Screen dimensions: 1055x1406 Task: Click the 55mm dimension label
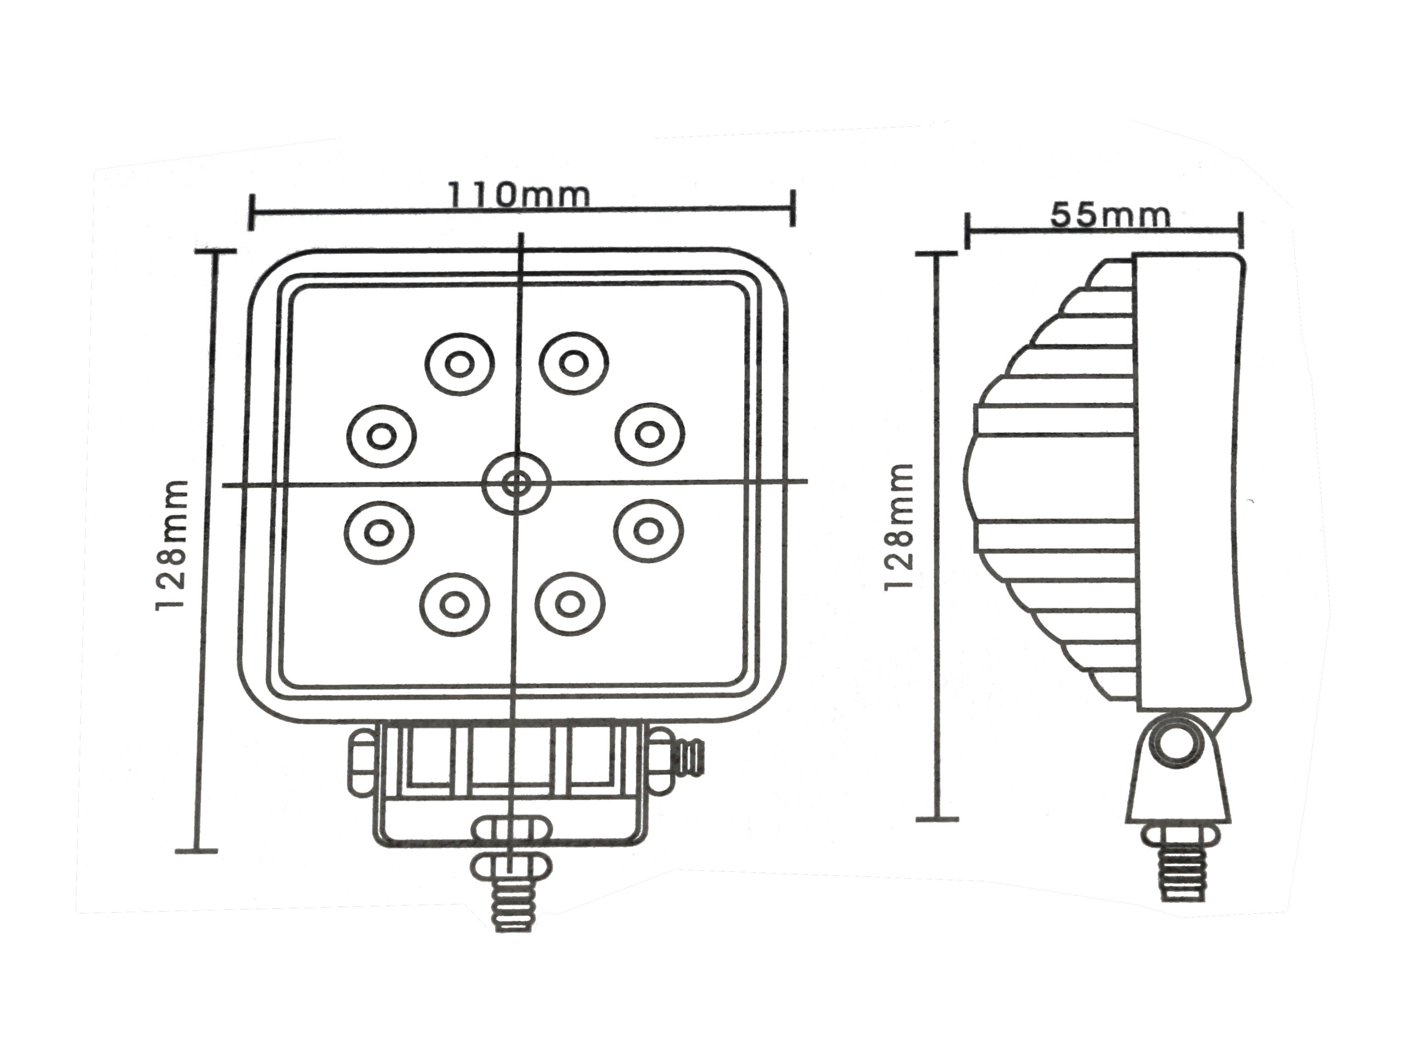(1109, 215)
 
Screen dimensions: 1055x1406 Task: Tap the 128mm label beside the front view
(171, 546)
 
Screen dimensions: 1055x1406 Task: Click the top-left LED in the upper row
(459, 364)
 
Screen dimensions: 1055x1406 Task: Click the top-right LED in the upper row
(574, 363)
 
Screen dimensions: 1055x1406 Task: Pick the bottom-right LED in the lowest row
(570, 603)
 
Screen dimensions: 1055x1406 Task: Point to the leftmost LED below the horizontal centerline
(380, 532)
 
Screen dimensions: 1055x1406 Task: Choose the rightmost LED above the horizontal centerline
(650, 434)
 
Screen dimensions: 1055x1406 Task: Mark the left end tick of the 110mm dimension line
(252, 212)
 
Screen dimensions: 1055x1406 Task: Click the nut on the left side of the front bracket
(361, 763)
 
